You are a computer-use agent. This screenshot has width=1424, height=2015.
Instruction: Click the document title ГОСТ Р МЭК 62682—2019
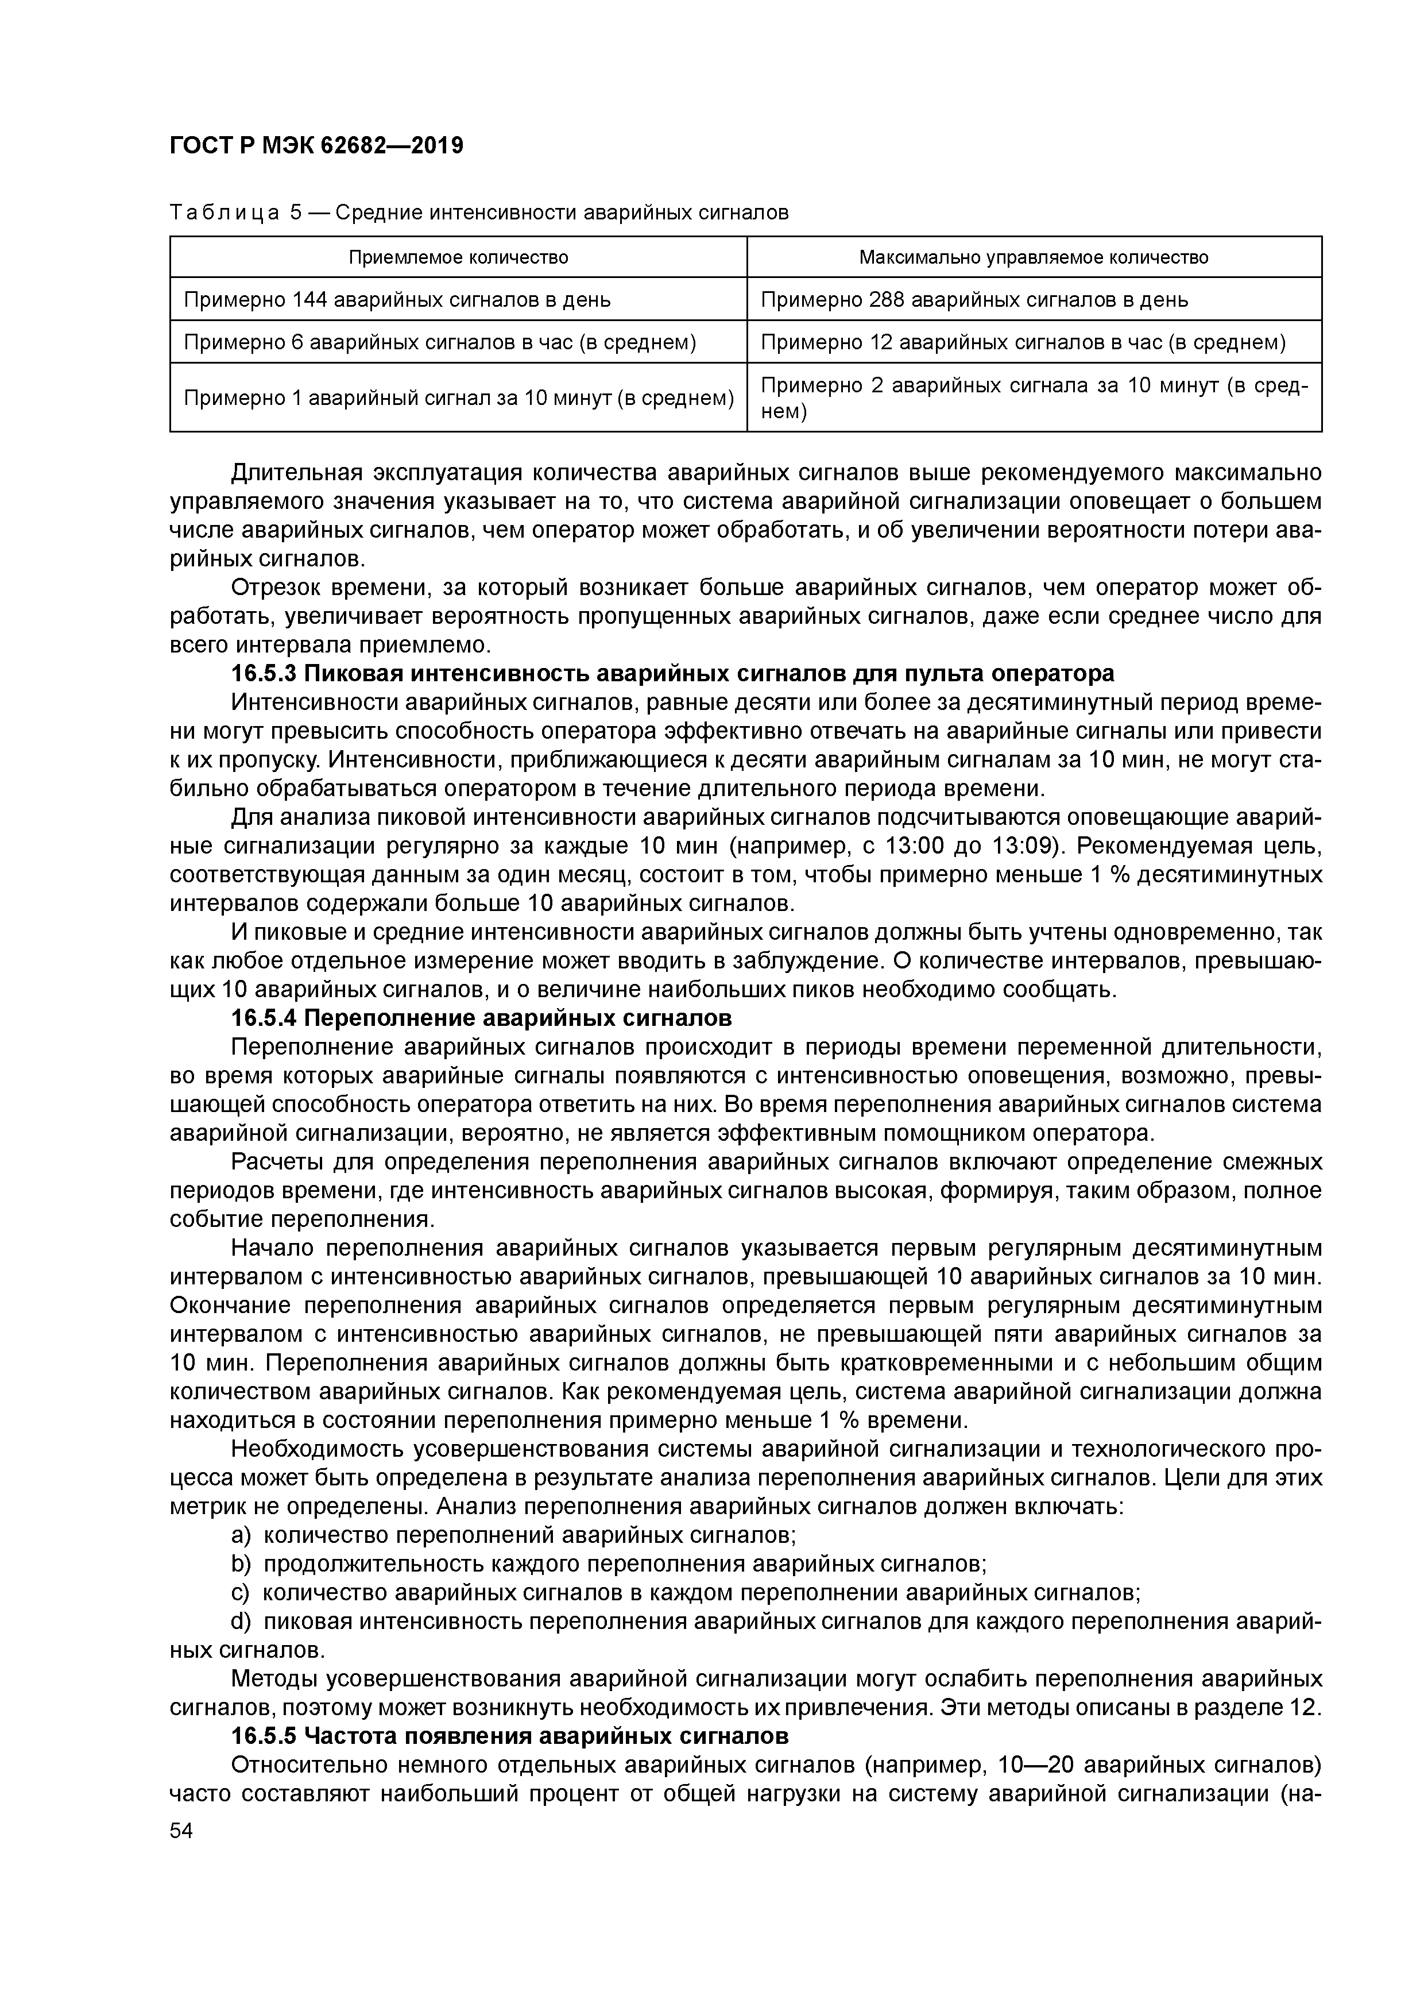tap(316, 146)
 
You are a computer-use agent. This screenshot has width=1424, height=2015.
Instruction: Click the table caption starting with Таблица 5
tap(479, 213)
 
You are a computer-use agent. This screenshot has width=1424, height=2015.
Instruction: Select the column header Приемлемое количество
tap(458, 257)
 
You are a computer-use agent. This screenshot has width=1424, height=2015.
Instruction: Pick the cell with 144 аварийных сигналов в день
tap(397, 299)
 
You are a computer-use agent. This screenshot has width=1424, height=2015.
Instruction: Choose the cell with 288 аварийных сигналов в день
tap(974, 299)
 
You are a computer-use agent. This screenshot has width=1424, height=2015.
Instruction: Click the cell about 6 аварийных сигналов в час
tap(440, 341)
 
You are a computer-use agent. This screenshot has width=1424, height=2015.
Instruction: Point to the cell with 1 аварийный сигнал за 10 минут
tap(458, 397)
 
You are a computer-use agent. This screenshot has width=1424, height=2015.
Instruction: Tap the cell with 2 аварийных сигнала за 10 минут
tap(1034, 397)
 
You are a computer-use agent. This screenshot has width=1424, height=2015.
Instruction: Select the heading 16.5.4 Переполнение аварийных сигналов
tap(481, 1018)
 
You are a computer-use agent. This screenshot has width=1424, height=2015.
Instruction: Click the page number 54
tap(183, 1831)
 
